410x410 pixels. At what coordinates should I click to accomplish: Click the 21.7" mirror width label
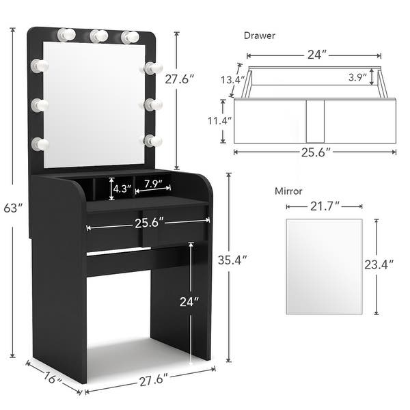325,206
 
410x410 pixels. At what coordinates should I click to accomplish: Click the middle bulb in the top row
98,36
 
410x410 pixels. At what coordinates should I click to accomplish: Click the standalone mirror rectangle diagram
323,266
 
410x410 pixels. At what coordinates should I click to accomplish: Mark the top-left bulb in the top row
66,34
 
